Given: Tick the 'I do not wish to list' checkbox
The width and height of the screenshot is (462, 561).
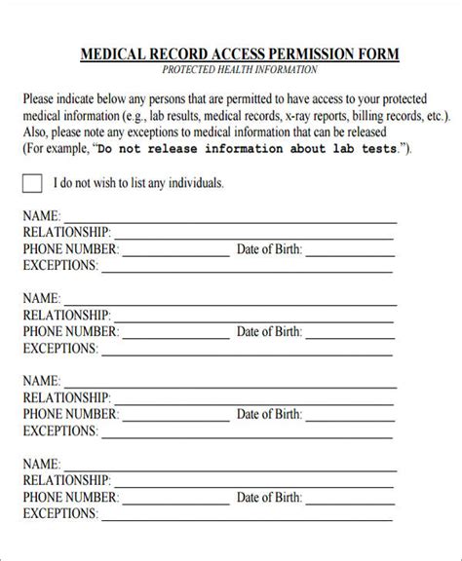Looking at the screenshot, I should (32, 183).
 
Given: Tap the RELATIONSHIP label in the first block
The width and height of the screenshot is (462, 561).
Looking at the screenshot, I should (66, 234).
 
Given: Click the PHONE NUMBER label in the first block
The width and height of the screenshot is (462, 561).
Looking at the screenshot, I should (70, 250).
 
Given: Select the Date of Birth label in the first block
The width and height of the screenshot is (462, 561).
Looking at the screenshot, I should (269, 250).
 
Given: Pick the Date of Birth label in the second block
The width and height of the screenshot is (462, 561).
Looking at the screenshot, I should (269, 332).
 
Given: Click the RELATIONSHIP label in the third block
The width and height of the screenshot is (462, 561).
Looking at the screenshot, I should (66, 397).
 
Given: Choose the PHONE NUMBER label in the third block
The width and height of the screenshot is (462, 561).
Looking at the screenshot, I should (70, 414).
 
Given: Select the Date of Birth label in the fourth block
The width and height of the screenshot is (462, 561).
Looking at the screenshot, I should (269, 496).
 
